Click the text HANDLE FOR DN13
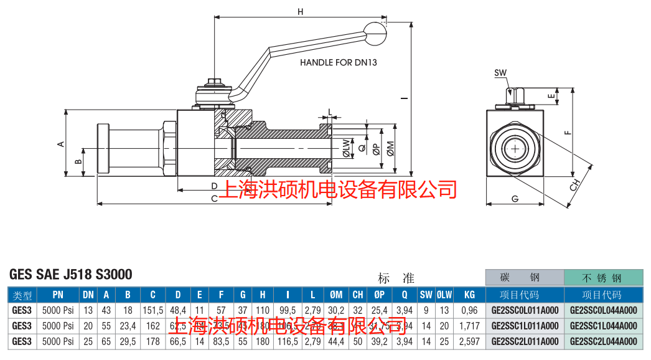pyautogui.click(x=339, y=62)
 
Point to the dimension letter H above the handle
pyautogui.click(x=300, y=12)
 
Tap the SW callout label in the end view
pyautogui.click(x=500, y=73)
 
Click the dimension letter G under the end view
pyautogui.click(x=515, y=199)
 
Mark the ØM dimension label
pyautogui.click(x=390, y=148)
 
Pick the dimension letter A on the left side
pyautogui.click(x=61, y=144)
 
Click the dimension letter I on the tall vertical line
pyautogui.click(x=405, y=97)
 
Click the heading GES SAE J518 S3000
pyautogui.click(x=71, y=275)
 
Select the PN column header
pyautogui.click(x=58, y=295)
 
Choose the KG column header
pyautogui.click(x=469, y=295)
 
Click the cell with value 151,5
pyautogui.click(x=152, y=310)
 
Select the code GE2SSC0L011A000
pyautogui.click(x=525, y=310)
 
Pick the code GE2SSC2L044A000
pyautogui.click(x=603, y=341)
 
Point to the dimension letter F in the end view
pyautogui.click(x=566, y=131)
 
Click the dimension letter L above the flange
pyautogui.click(x=329, y=111)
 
